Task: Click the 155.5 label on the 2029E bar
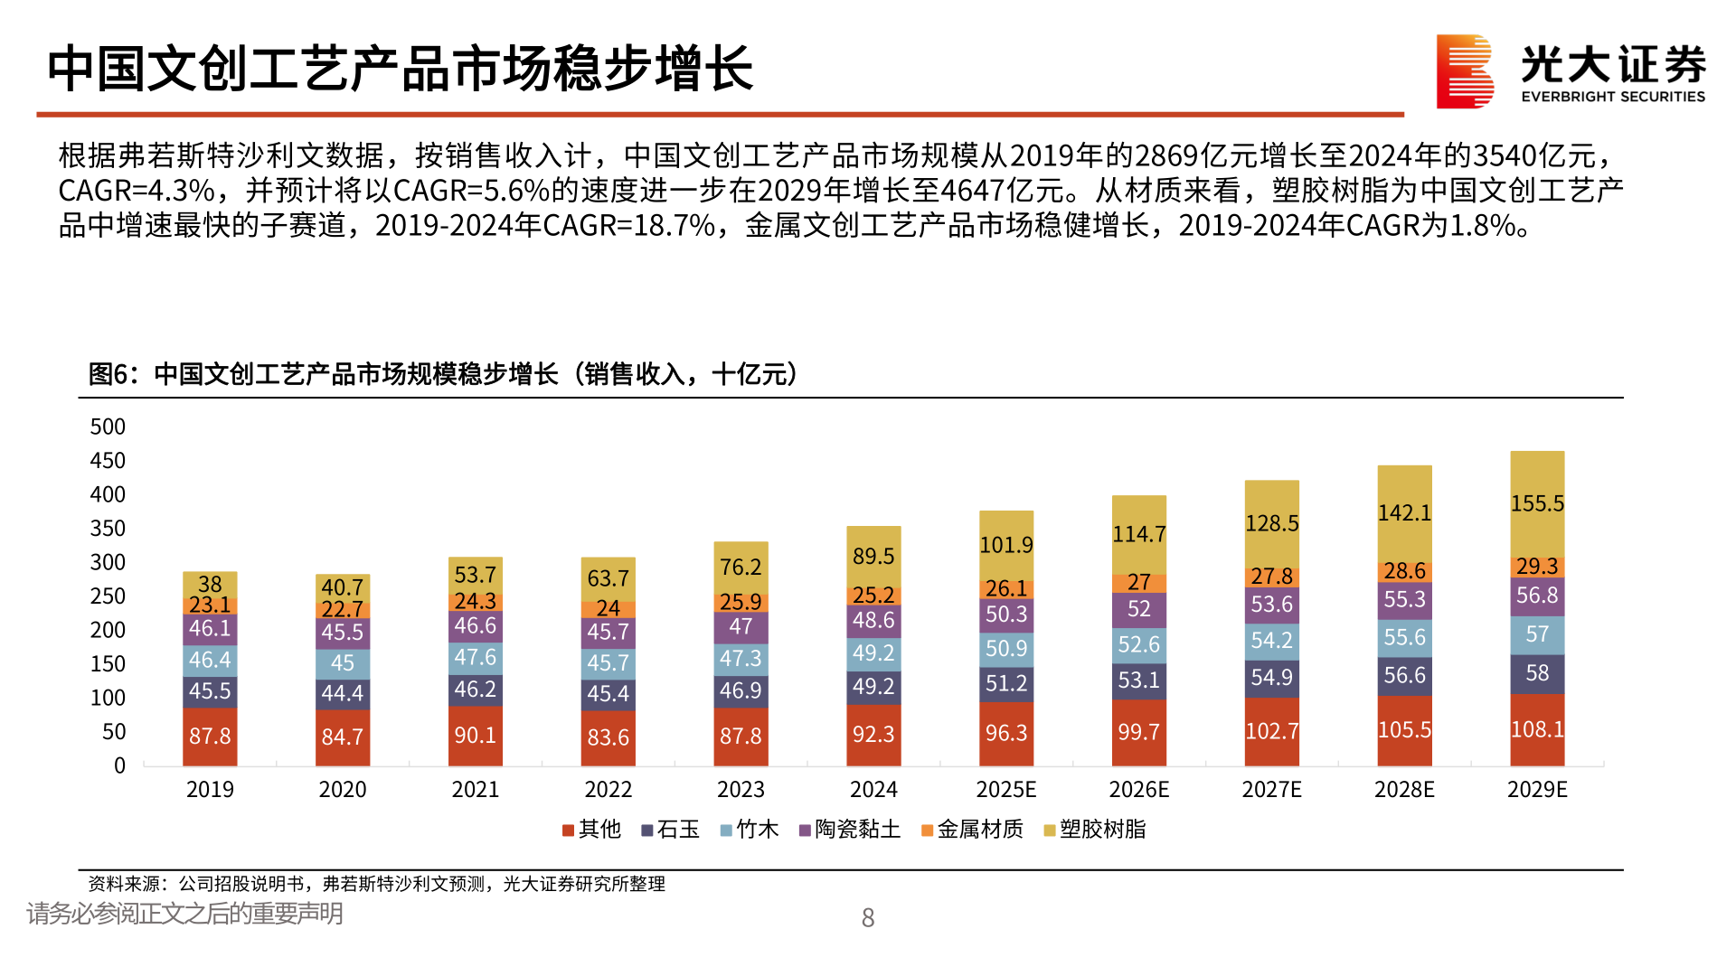pos(1537,503)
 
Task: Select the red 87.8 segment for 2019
pos(210,736)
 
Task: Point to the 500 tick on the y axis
pos(108,427)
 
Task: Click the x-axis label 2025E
pos(1005,790)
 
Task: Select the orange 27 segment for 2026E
pos(1138,583)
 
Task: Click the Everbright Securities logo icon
pos(1464,71)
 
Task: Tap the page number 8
pos(868,918)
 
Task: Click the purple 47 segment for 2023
pos(741,626)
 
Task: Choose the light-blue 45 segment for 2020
pos(343,663)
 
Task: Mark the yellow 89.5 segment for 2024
pos(873,557)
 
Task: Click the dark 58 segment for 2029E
pos(1537,673)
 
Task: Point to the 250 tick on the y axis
pos(108,596)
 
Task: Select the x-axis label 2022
pos(608,790)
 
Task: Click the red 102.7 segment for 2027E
pos(1271,731)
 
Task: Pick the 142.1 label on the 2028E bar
pos(1404,513)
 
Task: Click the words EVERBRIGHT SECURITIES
pos(1613,97)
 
